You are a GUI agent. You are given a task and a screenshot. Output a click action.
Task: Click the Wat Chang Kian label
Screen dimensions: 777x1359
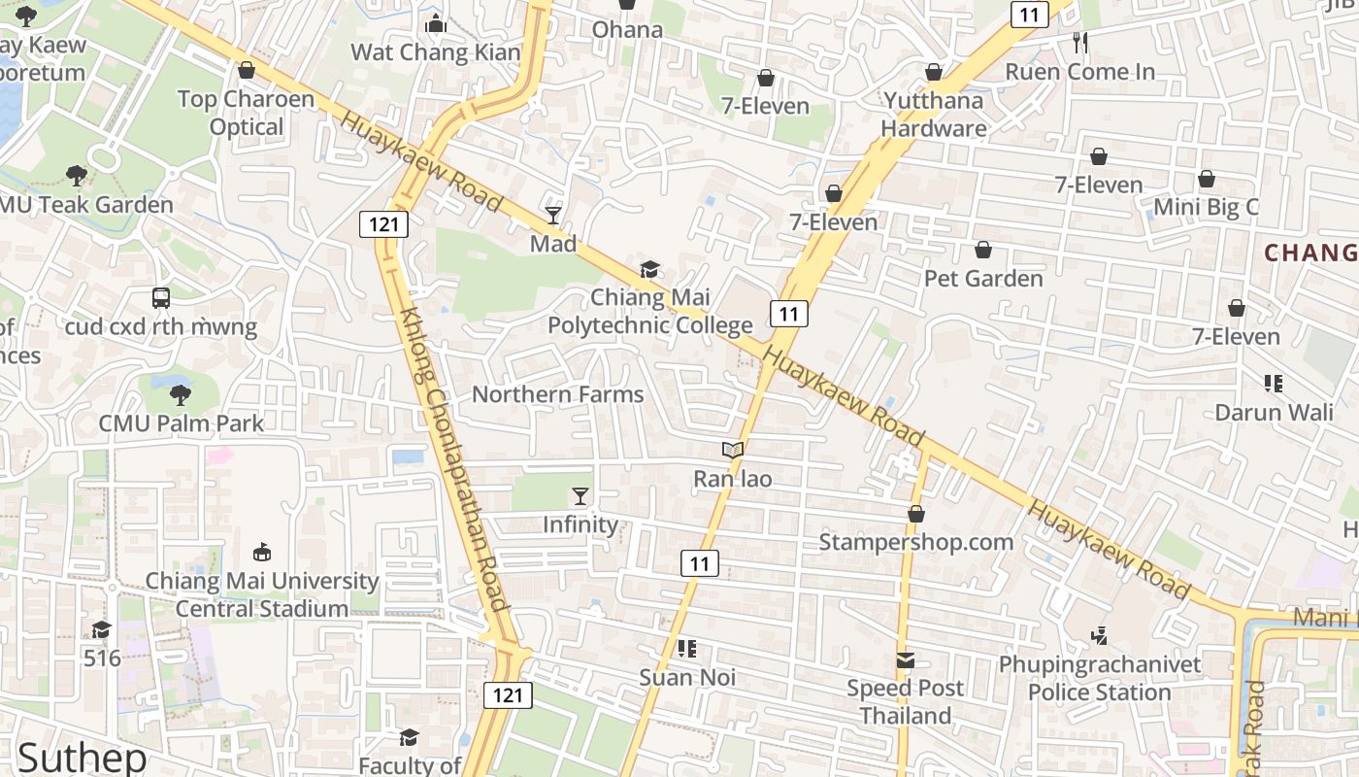pos(435,52)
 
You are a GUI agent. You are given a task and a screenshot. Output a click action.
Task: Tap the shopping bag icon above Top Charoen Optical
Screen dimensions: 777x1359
pos(247,71)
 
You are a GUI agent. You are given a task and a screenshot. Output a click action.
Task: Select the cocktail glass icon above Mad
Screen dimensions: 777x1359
pos(553,215)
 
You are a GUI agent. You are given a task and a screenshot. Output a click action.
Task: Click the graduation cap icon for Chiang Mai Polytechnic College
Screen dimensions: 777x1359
pos(649,269)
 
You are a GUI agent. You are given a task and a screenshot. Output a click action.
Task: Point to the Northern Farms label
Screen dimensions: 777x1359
pos(557,394)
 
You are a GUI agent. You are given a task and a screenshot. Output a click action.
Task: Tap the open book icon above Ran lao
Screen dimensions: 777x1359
pos(733,451)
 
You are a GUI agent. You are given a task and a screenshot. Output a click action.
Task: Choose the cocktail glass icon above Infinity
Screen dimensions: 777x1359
pos(580,496)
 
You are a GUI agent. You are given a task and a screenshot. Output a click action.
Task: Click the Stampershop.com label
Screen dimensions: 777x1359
pos(915,542)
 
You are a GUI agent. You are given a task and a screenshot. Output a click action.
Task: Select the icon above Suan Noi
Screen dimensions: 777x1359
pos(687,649)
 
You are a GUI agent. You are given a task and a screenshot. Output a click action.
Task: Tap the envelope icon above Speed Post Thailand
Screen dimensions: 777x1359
pos(906,660)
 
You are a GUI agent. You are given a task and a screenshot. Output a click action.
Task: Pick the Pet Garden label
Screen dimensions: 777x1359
pos(983,279)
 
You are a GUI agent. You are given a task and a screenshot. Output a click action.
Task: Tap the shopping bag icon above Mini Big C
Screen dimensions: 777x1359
pos(1206,179)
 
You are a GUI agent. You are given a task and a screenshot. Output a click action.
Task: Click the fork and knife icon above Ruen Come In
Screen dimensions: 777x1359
pos(1080,43)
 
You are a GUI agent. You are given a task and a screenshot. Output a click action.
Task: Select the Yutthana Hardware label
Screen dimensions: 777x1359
pos(933,115)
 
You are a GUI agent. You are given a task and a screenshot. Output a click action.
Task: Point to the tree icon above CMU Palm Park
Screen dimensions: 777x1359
pos(181,395)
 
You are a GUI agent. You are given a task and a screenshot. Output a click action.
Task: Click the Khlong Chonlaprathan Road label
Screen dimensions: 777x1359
pos(455,460)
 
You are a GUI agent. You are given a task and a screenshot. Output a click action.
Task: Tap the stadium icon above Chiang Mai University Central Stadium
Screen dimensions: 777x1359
pos(261,553)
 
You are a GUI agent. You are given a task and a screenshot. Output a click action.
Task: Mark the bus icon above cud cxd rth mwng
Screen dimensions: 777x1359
pos(161,298)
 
